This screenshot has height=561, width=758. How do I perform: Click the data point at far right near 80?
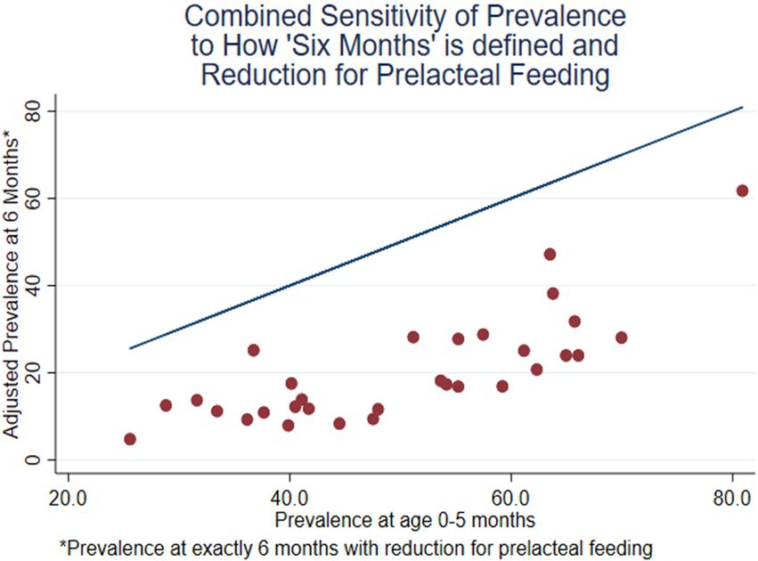pos(742,191)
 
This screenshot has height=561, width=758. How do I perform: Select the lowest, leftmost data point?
pos(130,439)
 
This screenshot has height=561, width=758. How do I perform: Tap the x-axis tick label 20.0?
pos(69,498)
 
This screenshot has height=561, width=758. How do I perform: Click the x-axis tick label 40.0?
pos(289,498)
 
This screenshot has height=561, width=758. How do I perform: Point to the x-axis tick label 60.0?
pos(511,498)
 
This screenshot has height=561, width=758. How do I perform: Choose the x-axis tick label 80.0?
pos(732,498)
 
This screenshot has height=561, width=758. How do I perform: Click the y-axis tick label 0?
pos(32,459)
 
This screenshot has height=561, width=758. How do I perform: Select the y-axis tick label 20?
pos(32,372)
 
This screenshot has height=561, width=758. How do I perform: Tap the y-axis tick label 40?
pos(32,286)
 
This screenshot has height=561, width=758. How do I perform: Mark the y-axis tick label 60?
pos(32,199)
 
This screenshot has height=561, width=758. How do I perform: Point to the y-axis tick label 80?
pos(32,111)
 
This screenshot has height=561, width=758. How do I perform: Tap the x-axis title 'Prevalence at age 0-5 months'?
pos(405,520)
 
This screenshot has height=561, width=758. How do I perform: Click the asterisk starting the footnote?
pos(62,545)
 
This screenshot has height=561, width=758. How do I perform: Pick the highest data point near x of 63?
pos(550,254)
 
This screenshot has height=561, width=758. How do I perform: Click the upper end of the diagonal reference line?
pos(743,107)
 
